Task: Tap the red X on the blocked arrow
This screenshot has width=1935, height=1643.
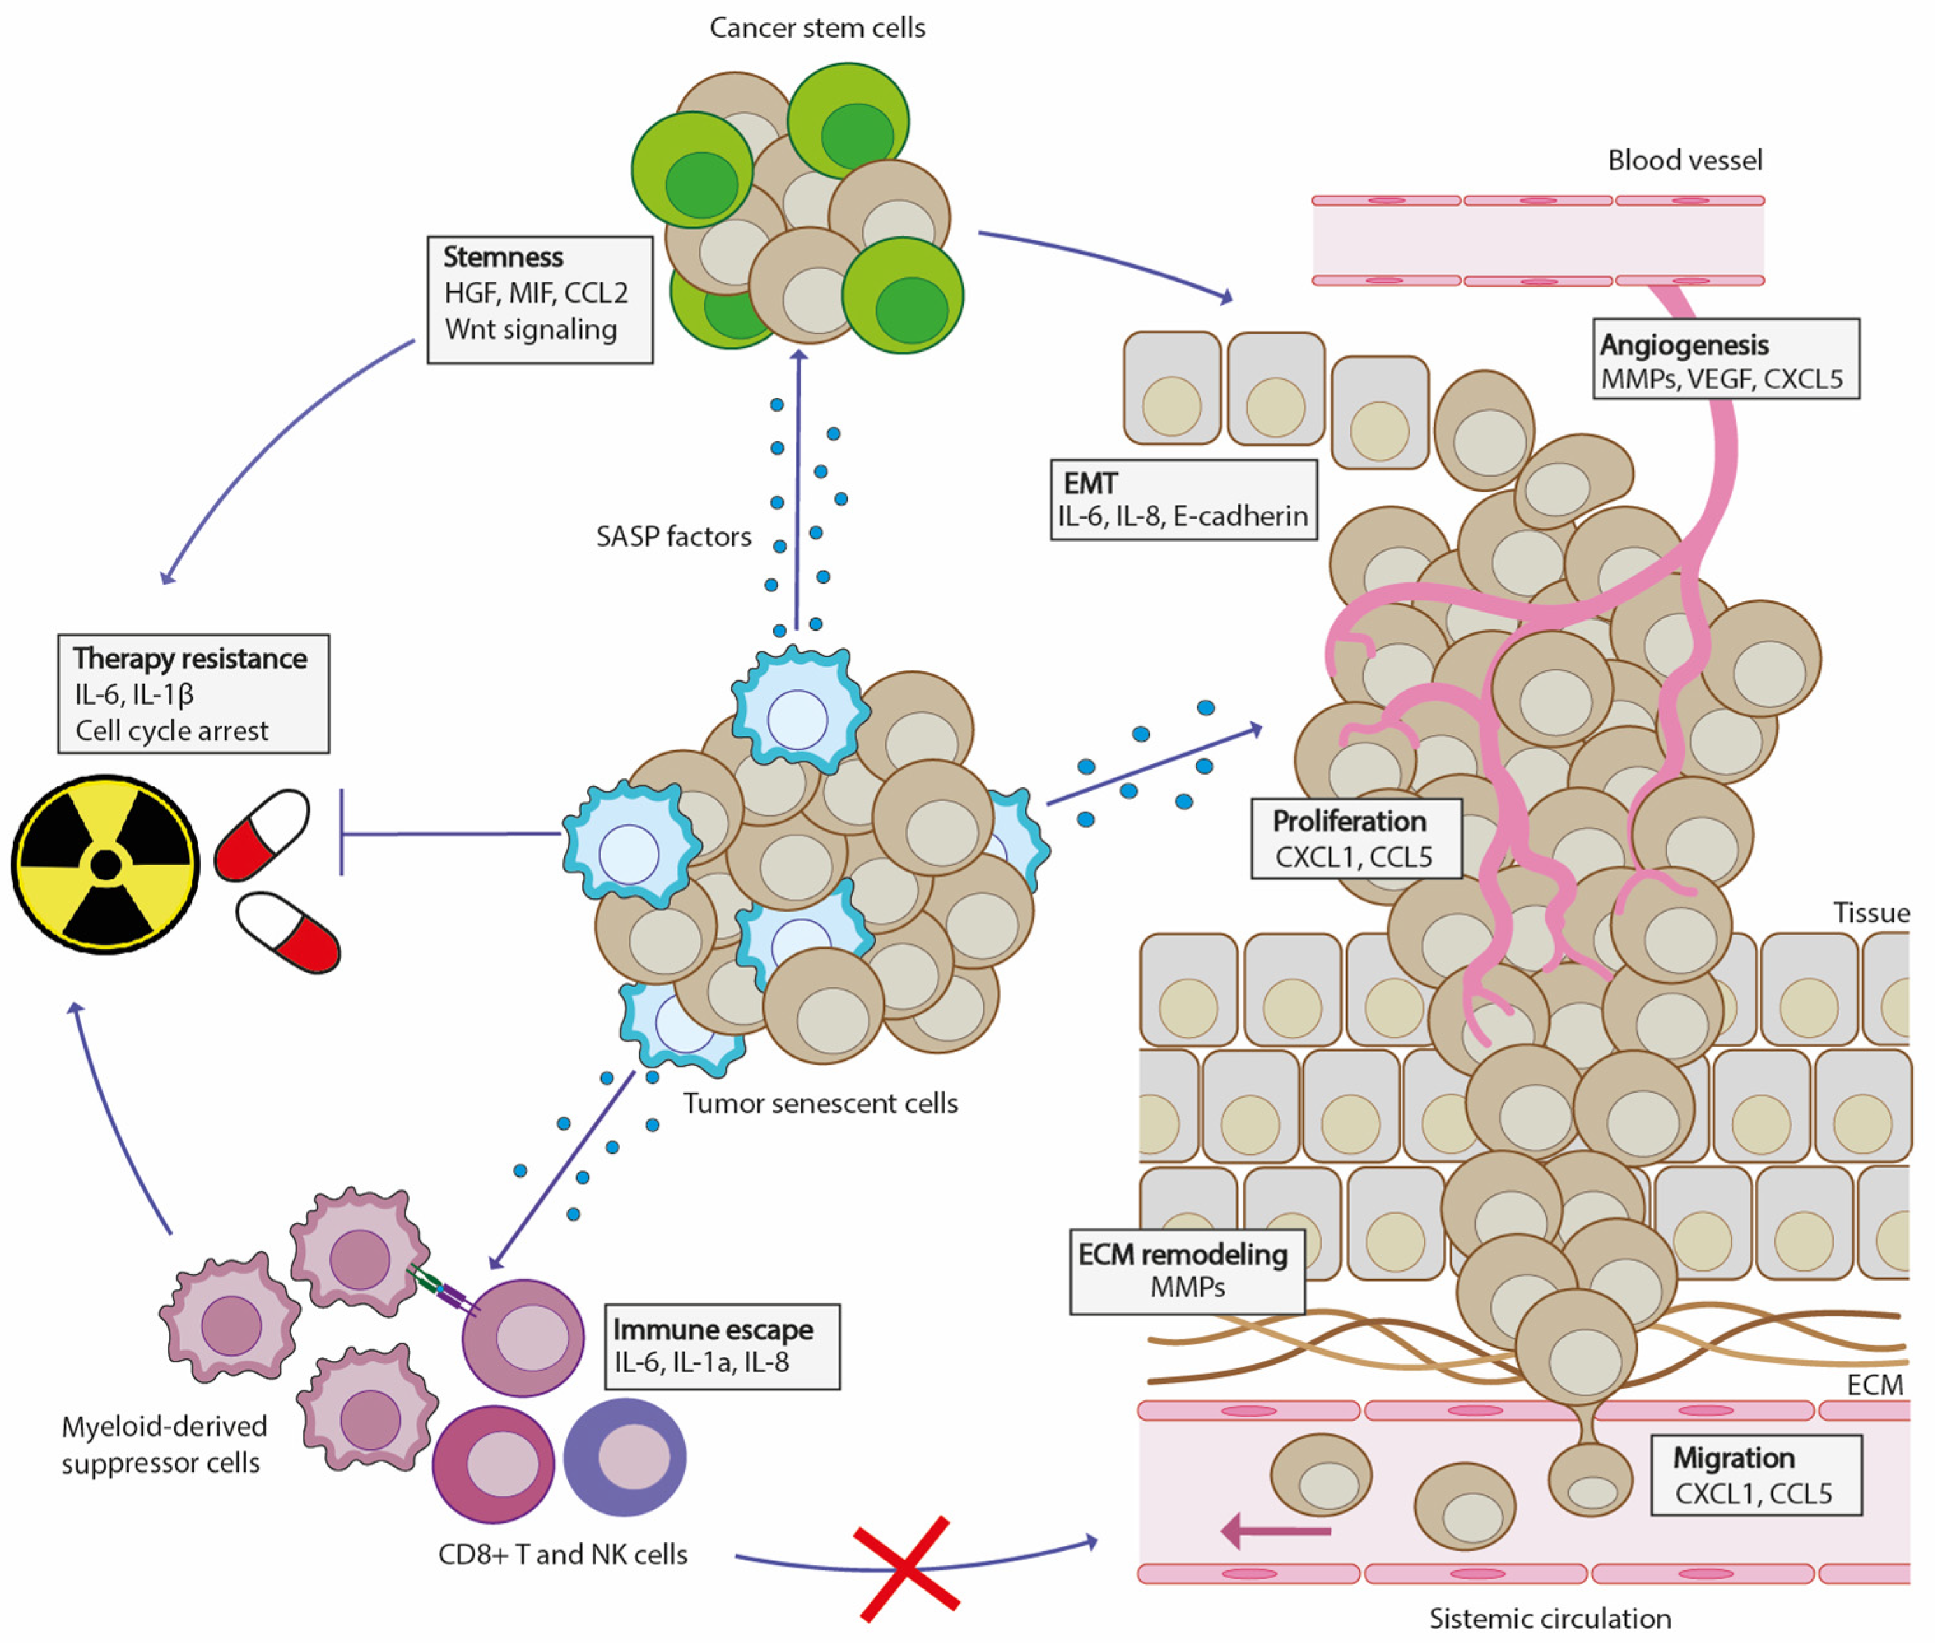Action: click(x=907, y=1568)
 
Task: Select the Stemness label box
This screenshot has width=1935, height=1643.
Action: click(x=540, y=300)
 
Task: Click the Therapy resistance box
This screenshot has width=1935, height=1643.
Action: click(x=194, y=694)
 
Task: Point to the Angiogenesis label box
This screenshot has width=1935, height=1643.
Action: click(x=1725, y=359)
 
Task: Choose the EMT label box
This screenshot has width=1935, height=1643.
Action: click(x=1183, y=499)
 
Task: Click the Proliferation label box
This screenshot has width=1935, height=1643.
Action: click(x=1356, y=838)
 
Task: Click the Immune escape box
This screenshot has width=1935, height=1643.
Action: click(x=722, y=1347)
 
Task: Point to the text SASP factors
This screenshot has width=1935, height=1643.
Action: click(x=673, y=536)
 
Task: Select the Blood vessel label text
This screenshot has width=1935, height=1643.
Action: click(x=1685, y=160)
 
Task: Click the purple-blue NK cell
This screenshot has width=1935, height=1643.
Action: click(x=625, y=1457)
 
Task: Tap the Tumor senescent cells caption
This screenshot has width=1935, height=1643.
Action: click(x=820, y=1103)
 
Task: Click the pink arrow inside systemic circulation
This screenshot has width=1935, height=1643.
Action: click(x=1276, y=1530)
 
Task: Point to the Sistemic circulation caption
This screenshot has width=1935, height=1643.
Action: click(x=1550, y=1618)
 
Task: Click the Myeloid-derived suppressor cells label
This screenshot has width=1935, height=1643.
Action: click(x=164, y=1444)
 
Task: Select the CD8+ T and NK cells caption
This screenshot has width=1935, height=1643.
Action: click(x=562, y=1554)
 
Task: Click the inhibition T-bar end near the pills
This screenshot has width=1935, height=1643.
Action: click(x=342, y=833)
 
